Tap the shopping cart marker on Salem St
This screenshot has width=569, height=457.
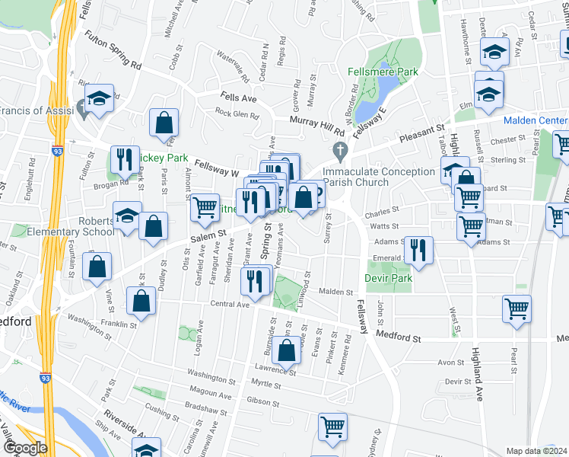pos(204,206)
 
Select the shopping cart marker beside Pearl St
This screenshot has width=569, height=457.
pos(517,308)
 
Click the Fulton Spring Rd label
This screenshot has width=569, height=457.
pos(113,50)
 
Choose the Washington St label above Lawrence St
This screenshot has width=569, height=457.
pos(205,376)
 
